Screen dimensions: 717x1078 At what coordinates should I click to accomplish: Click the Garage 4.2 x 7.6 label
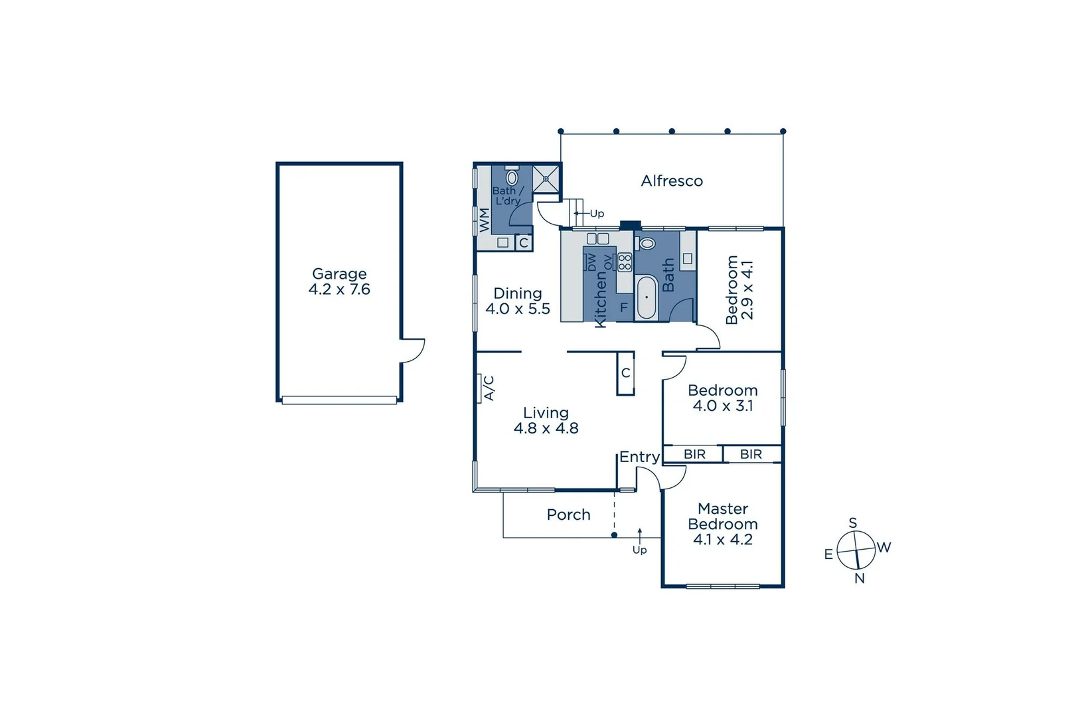coord(339,281)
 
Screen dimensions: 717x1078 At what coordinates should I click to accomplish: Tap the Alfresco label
coord(672,181)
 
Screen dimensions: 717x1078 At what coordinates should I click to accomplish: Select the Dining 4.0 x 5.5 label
coord(518,301)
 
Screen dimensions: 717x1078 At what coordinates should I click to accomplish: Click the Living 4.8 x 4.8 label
coord(546,420)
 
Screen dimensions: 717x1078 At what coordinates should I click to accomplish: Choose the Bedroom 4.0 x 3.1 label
coord(723,398)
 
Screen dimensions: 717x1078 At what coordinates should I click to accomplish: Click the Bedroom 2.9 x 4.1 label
coord(739,289)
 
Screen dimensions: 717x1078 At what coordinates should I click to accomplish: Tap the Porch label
coord(568,515)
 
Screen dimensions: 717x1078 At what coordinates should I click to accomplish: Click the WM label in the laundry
coord(485,220)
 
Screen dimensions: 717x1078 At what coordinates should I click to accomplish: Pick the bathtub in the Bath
coord(647,297)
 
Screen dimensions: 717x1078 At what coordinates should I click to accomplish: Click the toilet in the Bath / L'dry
coord(512,177)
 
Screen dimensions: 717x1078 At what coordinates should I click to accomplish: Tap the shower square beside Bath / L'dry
coord(546,179)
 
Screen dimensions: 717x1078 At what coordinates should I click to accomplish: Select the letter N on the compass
coord(860,578)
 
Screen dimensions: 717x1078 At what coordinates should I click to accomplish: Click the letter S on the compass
coord(853,522)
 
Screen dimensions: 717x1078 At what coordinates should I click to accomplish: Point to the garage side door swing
coord(413,350)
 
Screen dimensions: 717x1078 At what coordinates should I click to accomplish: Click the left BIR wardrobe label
coord(694,454)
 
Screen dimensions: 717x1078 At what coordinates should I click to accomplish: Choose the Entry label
coord(639,457)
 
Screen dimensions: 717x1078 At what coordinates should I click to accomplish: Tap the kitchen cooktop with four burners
coord(625,262)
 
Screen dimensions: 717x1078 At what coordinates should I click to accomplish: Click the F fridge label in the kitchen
coord(623,307)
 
